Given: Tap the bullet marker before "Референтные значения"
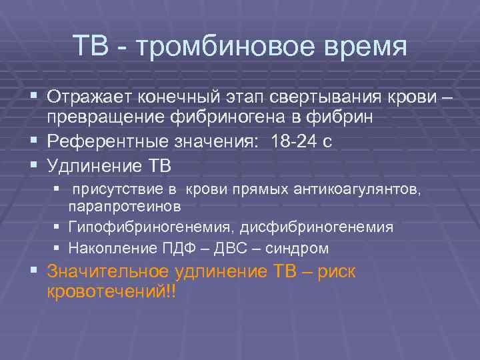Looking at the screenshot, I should (35, 141).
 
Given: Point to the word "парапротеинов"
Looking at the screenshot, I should (125, 206).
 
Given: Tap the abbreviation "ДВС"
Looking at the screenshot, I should (233, 249).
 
